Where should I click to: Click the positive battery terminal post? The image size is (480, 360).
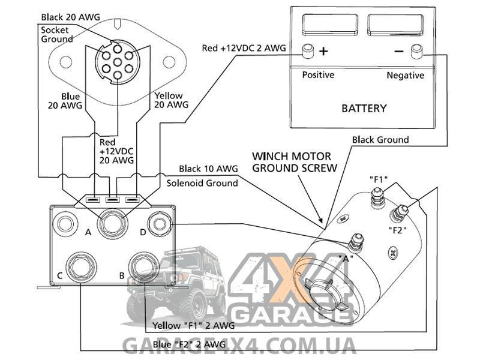(308, 51)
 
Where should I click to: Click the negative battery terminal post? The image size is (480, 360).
(416, 52)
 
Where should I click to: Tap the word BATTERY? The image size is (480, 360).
(364, 109)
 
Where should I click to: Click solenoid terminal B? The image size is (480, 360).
(143, 267)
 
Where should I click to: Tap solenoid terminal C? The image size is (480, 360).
(81, 267)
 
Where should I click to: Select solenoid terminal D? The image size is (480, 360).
(159, 224)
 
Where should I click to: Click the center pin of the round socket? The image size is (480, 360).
(118, 63)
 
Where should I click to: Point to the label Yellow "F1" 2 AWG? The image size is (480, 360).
(193, 325)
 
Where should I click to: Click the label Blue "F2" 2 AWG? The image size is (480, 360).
(189, 344)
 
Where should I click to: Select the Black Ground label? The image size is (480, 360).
(380, 140)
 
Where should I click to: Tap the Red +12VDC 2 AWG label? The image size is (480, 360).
(244, 48)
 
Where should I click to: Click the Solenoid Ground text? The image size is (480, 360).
(202, 183)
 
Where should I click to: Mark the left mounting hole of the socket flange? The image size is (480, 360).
(66, 62)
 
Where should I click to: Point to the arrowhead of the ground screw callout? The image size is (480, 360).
(321, 220)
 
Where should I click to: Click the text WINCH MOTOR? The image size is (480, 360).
(292, 157)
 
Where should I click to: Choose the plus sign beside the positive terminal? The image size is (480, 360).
(323, 51)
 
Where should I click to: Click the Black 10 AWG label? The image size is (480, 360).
(208, 169)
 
